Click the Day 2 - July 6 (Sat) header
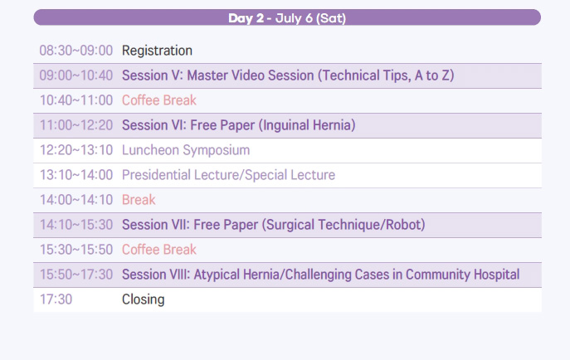287,17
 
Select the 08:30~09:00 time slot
76,51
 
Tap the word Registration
157,51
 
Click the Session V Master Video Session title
288,75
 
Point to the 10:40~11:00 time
76,100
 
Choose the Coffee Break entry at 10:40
158,100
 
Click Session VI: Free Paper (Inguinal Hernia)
238,125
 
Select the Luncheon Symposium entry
186,150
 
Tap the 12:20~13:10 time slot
76,150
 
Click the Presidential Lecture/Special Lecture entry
228,175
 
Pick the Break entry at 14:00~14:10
139,200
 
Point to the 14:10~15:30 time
76,225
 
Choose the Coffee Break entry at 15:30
158,250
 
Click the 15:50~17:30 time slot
76,275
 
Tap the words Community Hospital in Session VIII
462,275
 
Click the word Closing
144,299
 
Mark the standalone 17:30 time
56,299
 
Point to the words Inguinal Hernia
307,125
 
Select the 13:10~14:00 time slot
76,175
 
